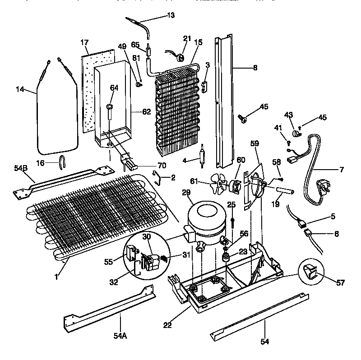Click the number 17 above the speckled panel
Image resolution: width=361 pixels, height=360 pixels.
[84, 43]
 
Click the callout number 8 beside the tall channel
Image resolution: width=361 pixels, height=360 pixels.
[255, 68]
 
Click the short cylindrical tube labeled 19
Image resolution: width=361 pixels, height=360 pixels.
[284, 193]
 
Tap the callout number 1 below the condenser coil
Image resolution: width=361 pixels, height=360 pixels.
[56, 277]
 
